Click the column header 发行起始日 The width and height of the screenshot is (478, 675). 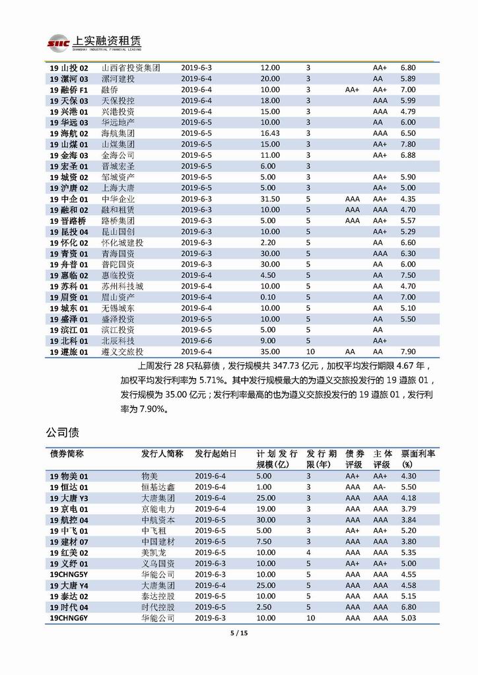pos(215,454)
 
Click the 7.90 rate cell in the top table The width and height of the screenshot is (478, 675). pos(408,352)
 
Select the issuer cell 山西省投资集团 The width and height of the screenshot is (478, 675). pos(131,68)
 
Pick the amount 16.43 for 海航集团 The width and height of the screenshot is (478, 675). pos(270,133)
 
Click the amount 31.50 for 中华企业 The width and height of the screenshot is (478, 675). pos(270,199)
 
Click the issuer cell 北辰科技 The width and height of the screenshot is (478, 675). pos(118,340)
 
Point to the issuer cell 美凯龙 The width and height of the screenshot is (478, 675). pos(153,552)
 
